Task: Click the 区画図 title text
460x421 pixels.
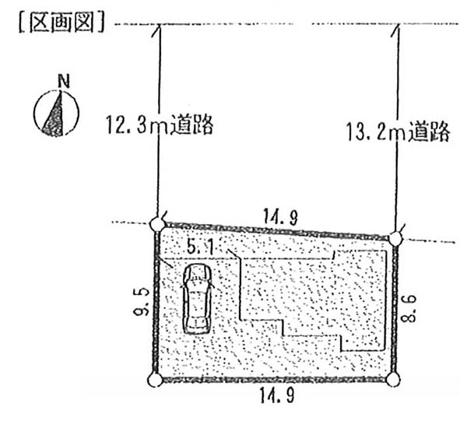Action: [x=61, y=22]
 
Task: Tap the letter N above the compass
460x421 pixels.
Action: [x=64, y=82]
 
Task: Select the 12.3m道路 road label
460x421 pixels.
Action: [x=160, y=125]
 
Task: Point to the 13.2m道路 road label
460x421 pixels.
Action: [x=398, y=132]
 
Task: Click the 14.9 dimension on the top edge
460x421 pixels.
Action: [x=280, y=216]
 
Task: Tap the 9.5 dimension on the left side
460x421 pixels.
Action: [x=141, y=302]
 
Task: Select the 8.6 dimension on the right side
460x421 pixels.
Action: [x=408, y=308]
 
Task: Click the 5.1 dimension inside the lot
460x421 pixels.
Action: [x=200, y=247]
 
